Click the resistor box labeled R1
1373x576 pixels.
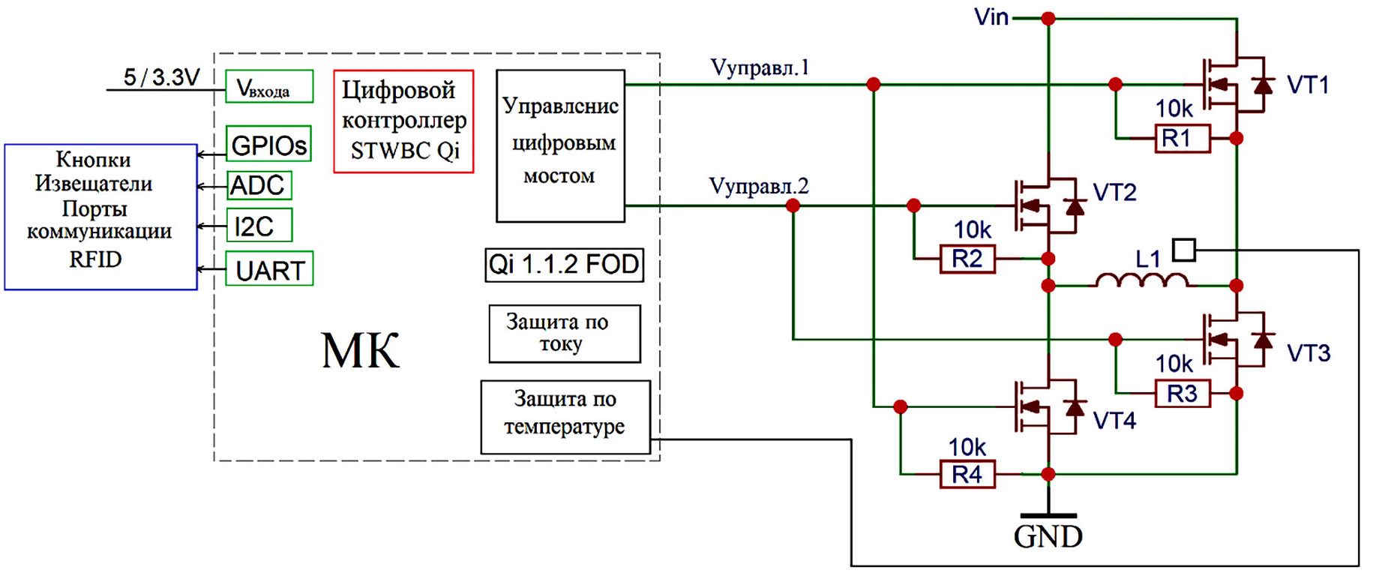click(1183, 139)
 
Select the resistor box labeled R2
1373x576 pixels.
click(967, 259)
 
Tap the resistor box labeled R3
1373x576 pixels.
click(1183, 393)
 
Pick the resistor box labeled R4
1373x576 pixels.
click(967, 474)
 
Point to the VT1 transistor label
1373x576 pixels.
click(1308, 85)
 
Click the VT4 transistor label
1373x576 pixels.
click(1114, 421)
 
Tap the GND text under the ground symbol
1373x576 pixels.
click(1048, 537)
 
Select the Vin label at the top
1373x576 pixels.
click(991, 17)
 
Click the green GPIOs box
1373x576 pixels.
click(268, 144)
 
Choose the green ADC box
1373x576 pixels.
click(258, 185)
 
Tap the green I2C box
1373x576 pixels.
click(259, 226)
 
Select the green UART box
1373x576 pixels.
click(269, 269)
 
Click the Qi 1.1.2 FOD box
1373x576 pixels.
click(564, 265)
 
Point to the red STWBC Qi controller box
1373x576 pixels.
click(403, 121)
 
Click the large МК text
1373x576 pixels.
click(361, 350)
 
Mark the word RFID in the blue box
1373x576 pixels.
click(95, 259)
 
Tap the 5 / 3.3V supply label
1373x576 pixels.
click(162, 77)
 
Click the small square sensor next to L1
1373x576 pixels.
click(1183, 250)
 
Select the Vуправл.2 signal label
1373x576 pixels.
click(758, 186)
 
